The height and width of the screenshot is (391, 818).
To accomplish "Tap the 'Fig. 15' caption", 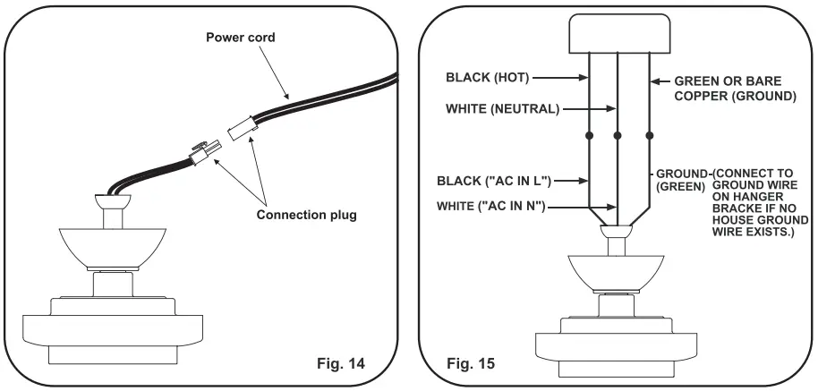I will point(468,366).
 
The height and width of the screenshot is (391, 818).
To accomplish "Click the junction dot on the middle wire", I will point(618,137).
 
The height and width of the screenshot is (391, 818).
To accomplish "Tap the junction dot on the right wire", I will point(648,137).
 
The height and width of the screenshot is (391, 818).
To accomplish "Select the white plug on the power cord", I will point(240,131).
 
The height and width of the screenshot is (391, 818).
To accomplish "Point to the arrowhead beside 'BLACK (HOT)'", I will point(584,78).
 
